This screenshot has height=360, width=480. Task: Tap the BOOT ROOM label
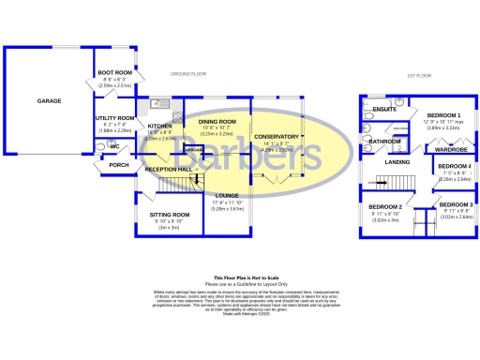pyautogui.click(x=114, y=73)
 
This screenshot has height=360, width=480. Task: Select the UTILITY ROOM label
pyautogui.click(x=115, y=118)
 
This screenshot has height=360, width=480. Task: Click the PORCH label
pyautogui.click(x=118, y=165)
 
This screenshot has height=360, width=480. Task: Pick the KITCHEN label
pyautogui.click(x=159, y=126)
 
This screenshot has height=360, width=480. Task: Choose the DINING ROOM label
pyautogui.click(x=217, y=121)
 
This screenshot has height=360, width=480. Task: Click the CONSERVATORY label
pyautogui.click(x=277, y=137)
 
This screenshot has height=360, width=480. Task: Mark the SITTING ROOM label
pyautogui.click(x=170, y=215)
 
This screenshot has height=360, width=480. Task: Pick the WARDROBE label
pyautogui.click(x=452, y=149)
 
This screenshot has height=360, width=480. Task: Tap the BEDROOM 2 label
pyautogui.click(x=385, y=206)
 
